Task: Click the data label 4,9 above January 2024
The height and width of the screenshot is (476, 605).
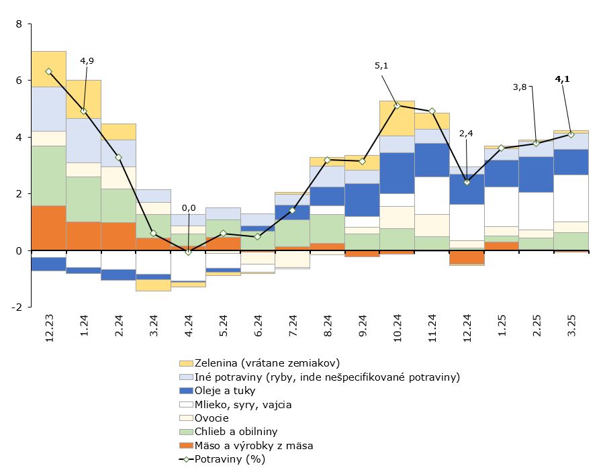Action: pos(87,60)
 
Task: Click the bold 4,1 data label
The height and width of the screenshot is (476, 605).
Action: pos(562,79)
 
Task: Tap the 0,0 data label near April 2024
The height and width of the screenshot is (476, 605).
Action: pos(189,208)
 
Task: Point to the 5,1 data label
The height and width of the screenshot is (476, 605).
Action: pos(381,66)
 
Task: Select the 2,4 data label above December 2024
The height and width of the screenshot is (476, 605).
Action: pos(467,133)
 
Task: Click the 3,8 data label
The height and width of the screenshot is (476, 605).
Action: pos(520,87)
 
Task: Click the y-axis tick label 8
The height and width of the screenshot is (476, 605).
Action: pos(19,24)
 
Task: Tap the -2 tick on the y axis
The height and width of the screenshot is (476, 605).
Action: pos(17,307)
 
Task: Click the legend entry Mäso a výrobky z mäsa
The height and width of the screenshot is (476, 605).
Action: pos(254,445)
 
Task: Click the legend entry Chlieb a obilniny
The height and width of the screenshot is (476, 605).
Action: pos(236,432)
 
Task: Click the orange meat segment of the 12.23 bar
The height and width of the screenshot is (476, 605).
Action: pos(48,228)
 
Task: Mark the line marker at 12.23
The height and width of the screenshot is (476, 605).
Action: pos(48,71)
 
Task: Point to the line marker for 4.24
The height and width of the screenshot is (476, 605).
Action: pos(188,252)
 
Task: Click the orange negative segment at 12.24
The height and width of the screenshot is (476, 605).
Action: pos(467,257)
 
